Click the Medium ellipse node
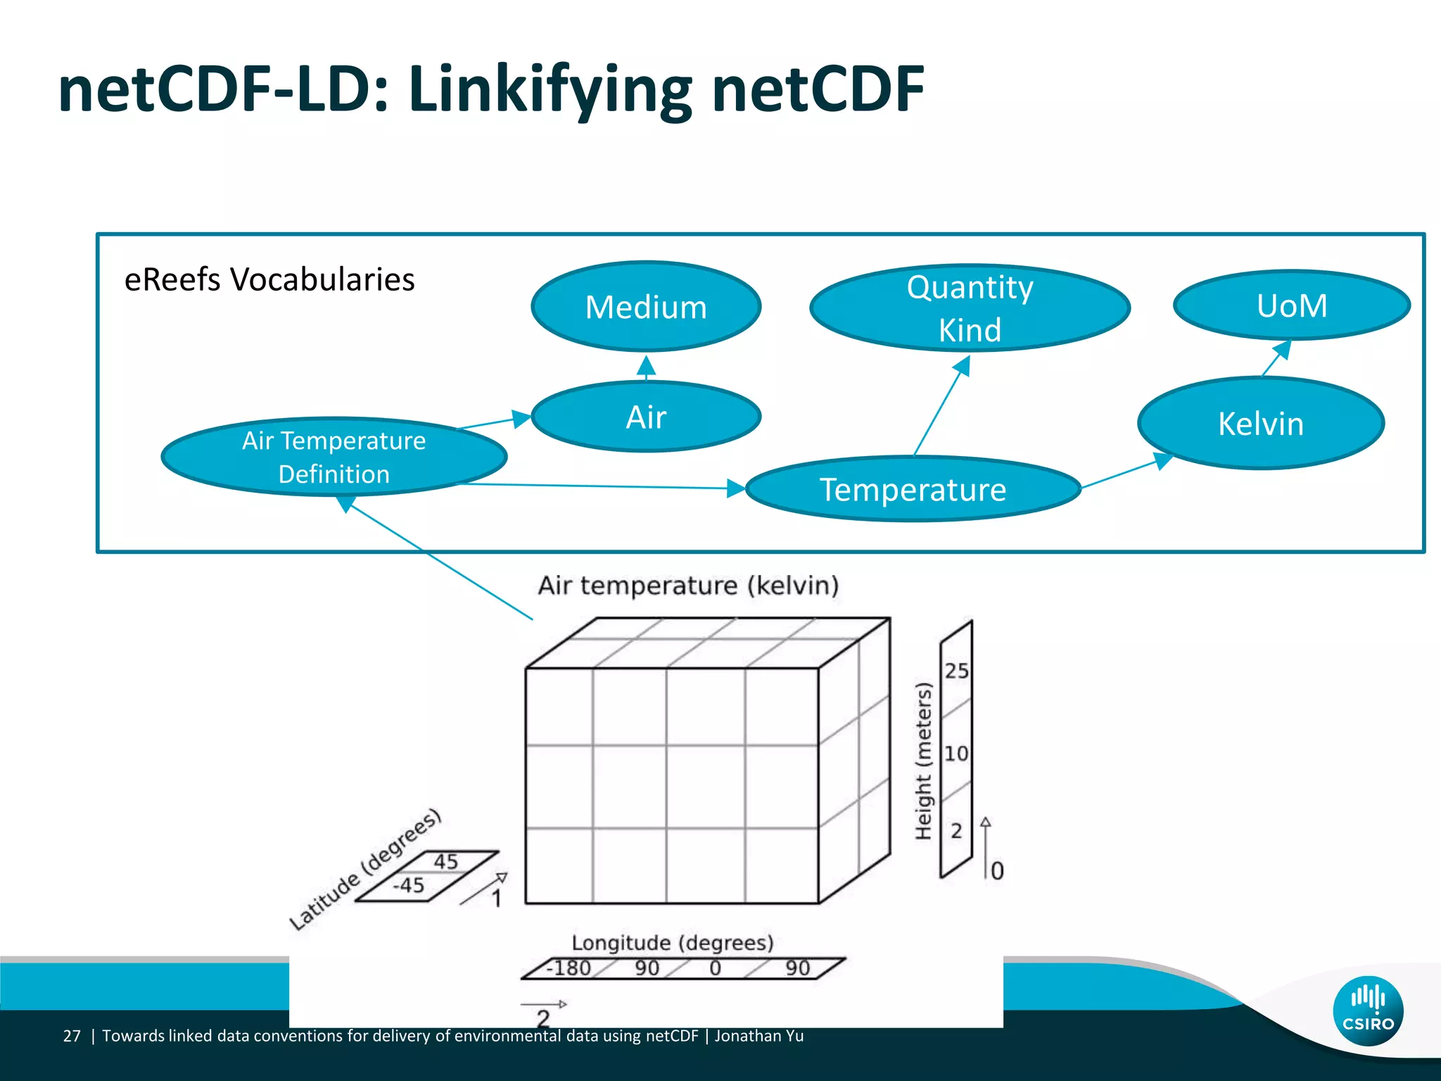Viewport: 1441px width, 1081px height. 646,307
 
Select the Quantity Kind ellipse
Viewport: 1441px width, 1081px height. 970,308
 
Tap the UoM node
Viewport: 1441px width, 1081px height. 1292,305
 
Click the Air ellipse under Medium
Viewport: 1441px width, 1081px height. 646,417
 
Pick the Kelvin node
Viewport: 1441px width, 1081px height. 1260,424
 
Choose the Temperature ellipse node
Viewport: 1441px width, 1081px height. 913,489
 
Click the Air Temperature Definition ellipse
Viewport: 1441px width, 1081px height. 334,457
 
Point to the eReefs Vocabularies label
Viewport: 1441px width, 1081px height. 269,279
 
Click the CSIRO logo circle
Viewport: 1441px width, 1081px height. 1367,1011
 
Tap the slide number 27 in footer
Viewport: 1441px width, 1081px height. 72,1036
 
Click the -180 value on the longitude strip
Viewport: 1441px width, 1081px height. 569,968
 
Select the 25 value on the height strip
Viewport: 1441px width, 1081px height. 956,671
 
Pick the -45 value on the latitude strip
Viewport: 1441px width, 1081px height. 408,885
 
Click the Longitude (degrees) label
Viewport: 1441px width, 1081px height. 672,942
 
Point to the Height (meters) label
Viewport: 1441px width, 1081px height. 923,761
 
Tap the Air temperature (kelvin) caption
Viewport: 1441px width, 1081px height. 688,586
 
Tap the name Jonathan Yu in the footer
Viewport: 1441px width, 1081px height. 759,1036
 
